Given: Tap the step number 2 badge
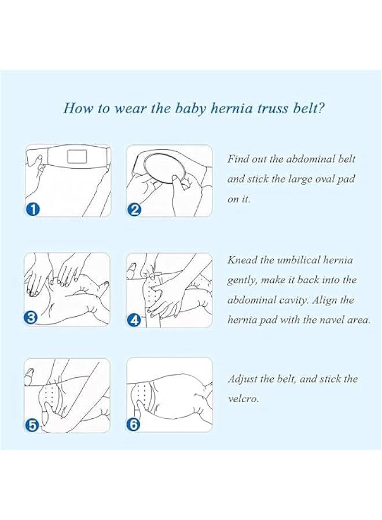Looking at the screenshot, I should click(x=135, y=209).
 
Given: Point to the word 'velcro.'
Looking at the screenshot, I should click(x=243, y=399).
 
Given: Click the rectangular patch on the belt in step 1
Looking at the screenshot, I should click(x=76, y=155).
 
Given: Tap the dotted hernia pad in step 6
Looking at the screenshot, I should click(x=144, y=395).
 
